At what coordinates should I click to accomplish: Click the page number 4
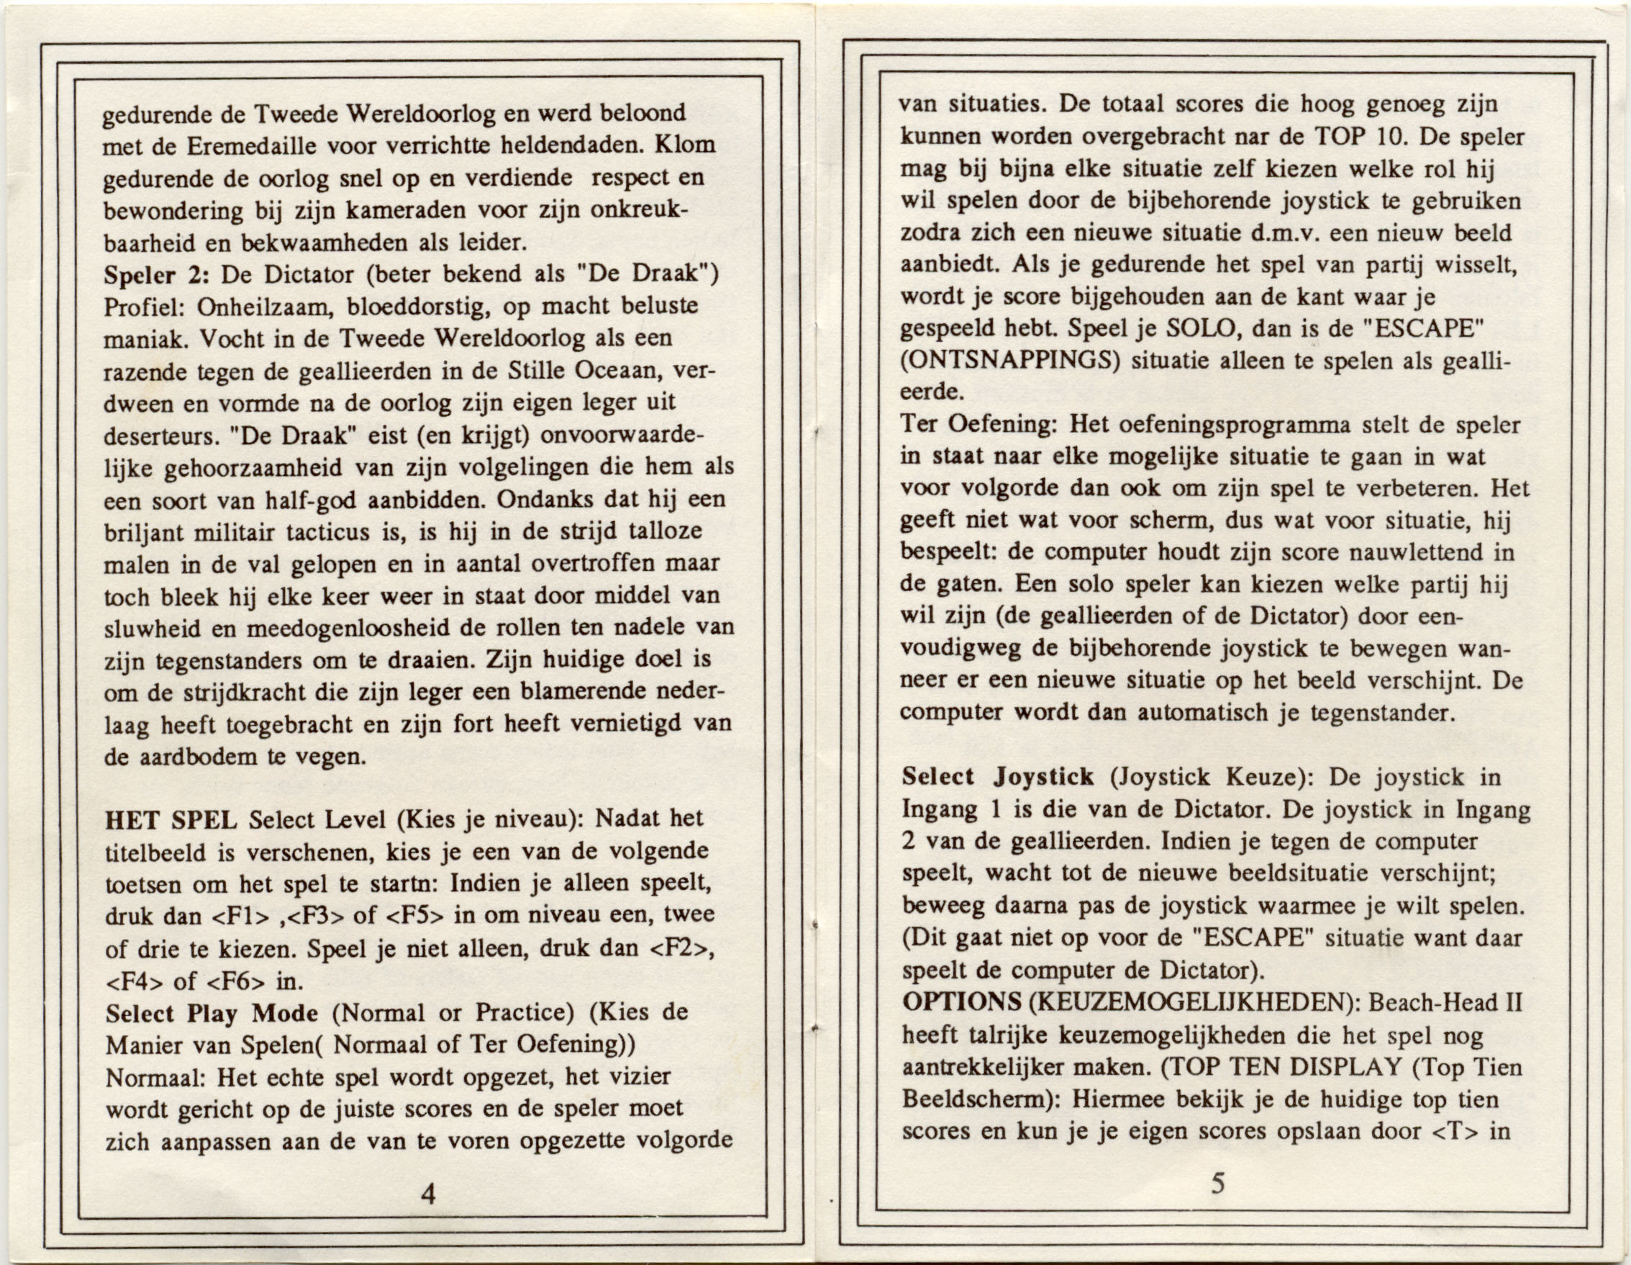(428, 1194)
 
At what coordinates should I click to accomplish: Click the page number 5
(1218, 1183)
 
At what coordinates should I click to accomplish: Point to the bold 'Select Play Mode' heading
(212, 1014)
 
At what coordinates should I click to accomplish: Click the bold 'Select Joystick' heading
(998, 777)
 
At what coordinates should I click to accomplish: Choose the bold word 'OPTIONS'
(962, 1002)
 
